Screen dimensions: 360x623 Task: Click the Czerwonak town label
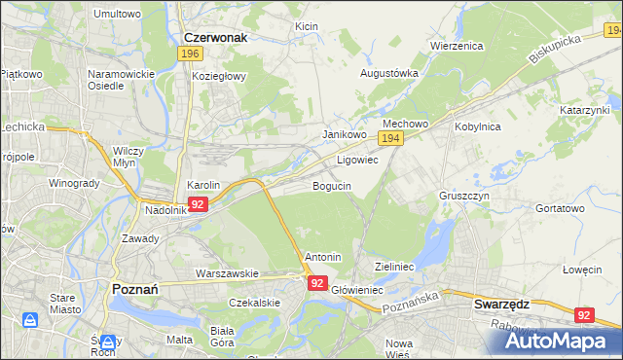pos(215,37)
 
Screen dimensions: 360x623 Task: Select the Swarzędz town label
pos(501,304)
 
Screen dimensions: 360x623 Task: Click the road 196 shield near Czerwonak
pos(191,55)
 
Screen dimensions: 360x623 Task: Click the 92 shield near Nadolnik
pos(198,204)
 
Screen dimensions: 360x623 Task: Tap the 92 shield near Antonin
pos(318,282)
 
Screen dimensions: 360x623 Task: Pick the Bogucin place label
pos(331,185)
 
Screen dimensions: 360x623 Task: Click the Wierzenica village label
pos(457,45)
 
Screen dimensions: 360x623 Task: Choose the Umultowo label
pos(116,15)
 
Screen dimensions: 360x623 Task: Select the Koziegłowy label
pos(220,76)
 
